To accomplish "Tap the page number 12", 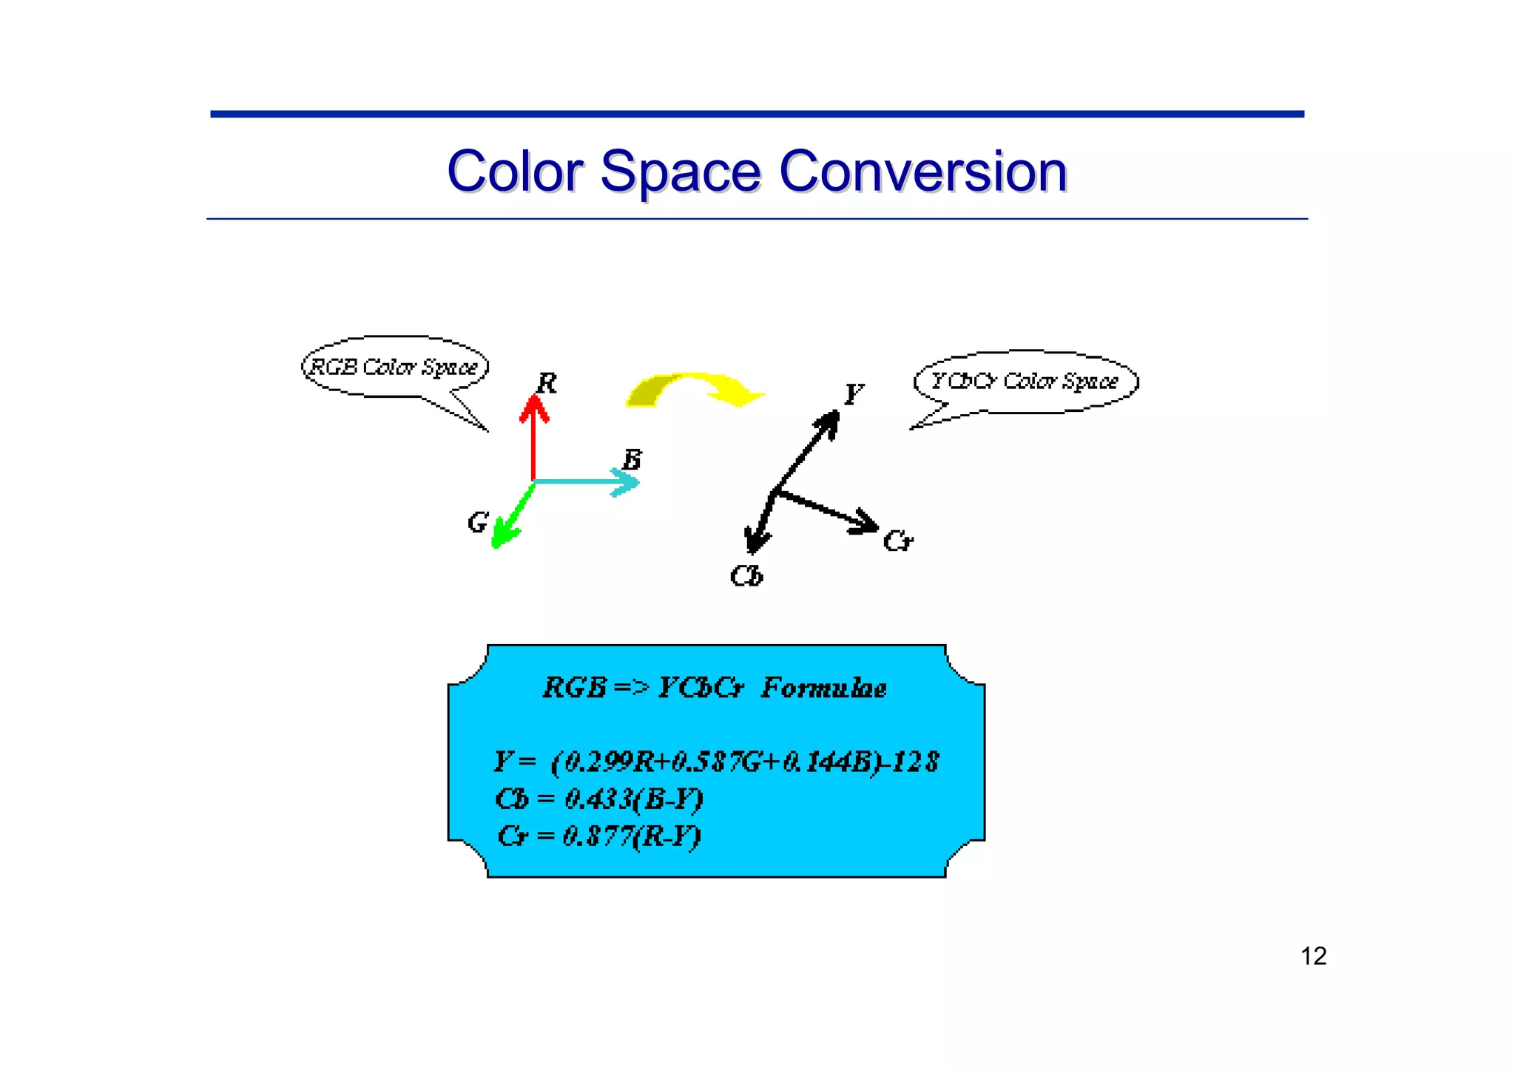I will click(1313, 956).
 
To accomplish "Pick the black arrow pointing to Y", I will click(806, 451).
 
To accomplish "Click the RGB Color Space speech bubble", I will click(394, 368).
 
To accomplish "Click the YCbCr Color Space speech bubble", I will click(1025, 382).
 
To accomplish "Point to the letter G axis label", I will click(477, 523).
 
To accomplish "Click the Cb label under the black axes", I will click(746, 576).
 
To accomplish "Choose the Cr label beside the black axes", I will click(897, 541).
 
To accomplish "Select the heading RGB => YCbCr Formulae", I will click(715, 688).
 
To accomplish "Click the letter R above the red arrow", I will click(546, 384).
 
